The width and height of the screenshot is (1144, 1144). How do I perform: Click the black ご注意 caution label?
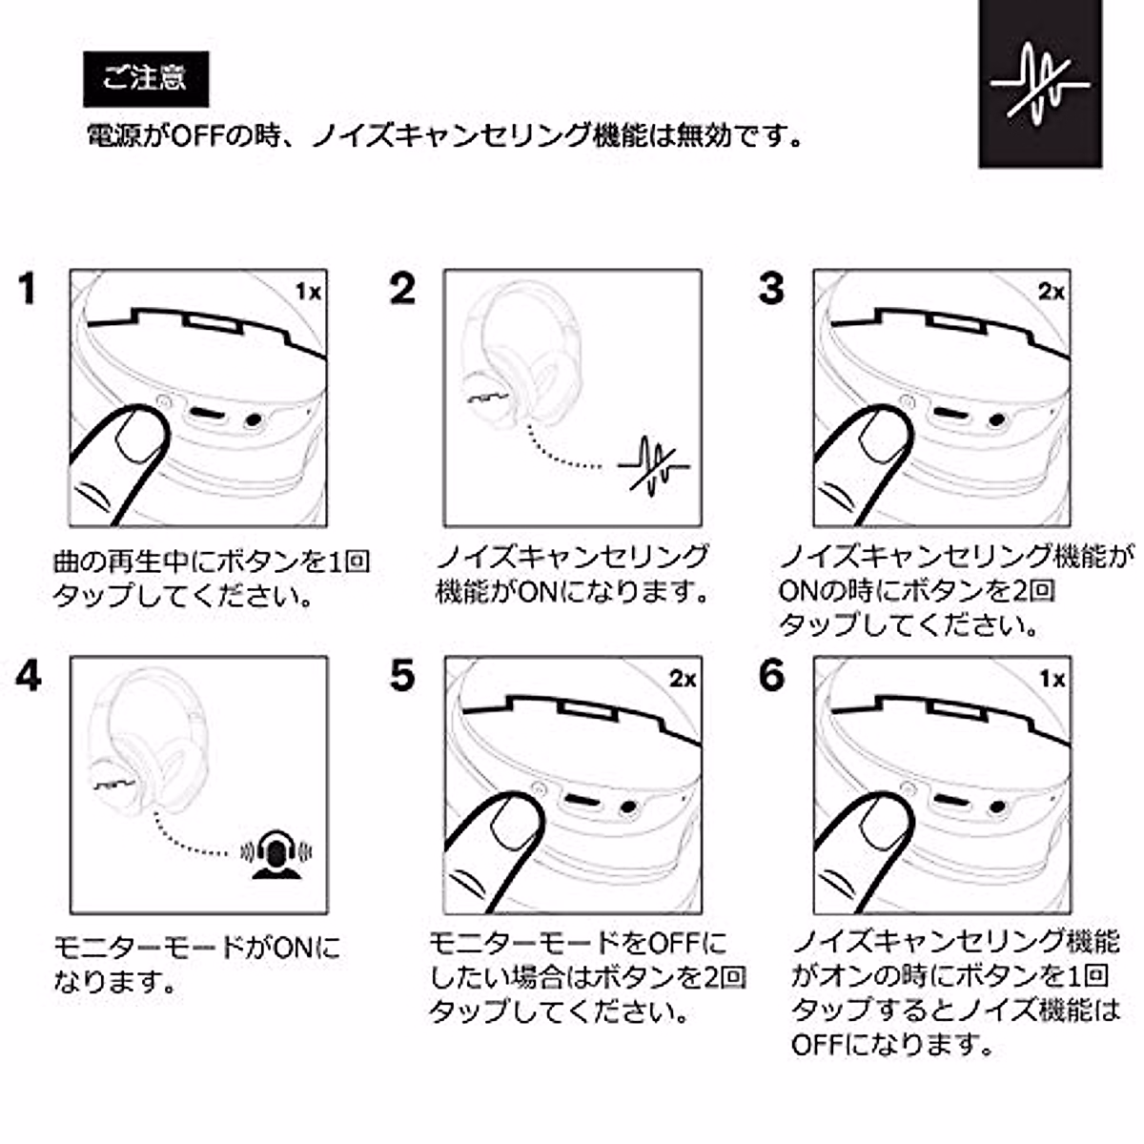tap(146, 79)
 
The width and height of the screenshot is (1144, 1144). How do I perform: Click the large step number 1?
tap(28, 289)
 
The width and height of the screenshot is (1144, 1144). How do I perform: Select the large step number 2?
tap(402, 289)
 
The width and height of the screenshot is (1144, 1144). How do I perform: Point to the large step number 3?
tap(771, 289)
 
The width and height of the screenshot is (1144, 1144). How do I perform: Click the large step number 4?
tap(28, 676)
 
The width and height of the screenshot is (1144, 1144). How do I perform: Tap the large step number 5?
tap(402, 676)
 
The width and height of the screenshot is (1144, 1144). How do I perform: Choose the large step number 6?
tap(771, 676)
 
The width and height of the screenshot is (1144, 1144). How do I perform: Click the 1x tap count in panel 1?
tap(308, 292)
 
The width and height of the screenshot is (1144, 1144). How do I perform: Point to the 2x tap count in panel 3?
tap(1052, 292)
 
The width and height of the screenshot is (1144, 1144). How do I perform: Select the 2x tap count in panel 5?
tap(683, 679)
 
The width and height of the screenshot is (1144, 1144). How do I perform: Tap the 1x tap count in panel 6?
tap(1052, 679)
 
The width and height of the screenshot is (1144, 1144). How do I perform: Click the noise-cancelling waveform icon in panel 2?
tap(653, 466)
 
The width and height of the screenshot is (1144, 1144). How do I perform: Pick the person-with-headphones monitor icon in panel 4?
tap(276, 853)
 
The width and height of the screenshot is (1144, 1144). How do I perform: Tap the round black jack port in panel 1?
tap(254, 420)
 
